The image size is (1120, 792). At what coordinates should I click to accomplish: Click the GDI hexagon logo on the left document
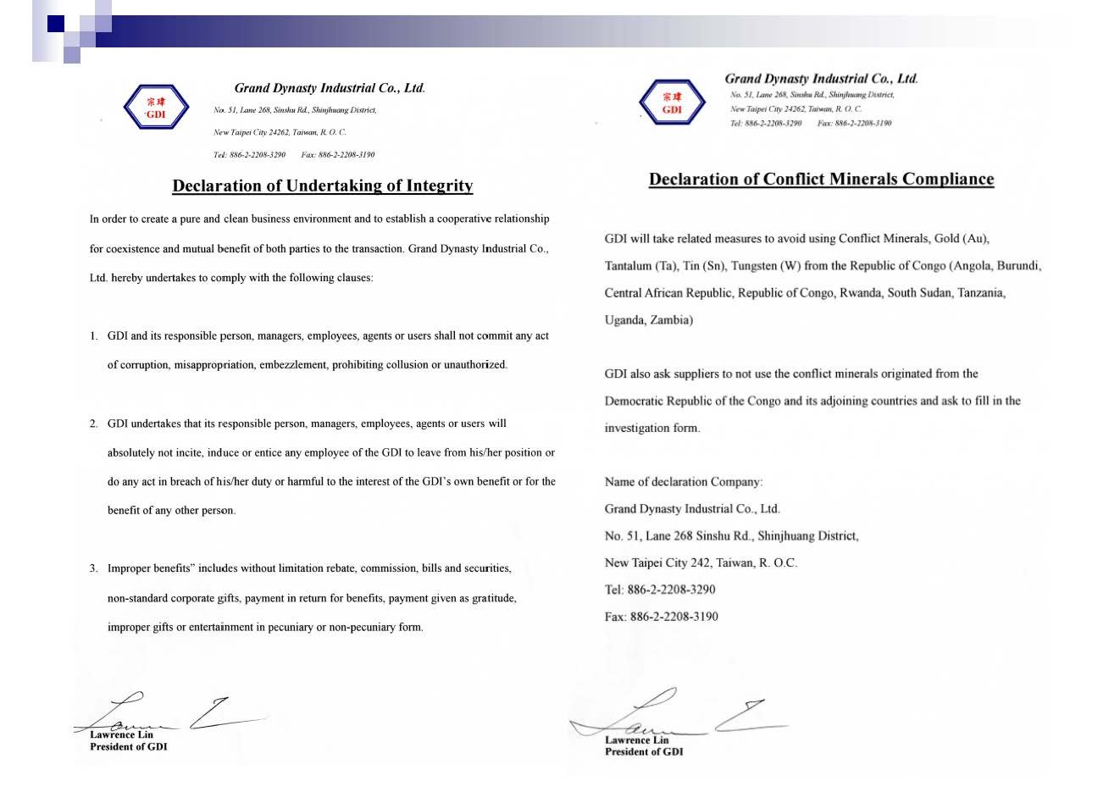tap(156, 108)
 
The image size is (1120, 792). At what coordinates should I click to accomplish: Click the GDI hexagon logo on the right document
tap(672, 102)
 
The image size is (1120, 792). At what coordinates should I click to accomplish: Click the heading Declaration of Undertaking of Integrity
tap(323, 186)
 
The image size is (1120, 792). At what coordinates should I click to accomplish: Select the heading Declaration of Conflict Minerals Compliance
tap(821, 179)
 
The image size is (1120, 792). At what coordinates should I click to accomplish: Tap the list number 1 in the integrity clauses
tap(94, 336)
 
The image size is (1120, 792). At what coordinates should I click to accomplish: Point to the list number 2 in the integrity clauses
tap(94, 424)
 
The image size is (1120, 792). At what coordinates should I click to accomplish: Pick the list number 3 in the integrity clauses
tap(94, 568)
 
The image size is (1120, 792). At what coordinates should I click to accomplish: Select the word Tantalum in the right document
tap(629, 266)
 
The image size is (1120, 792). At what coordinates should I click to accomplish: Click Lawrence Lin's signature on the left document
tap(169, 716)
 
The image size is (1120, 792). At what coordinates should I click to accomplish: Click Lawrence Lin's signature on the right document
tap(678, 716)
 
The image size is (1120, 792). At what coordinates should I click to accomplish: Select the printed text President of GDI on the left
tap(129, 747)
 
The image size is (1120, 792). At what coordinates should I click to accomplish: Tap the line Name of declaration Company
tap(683, 482)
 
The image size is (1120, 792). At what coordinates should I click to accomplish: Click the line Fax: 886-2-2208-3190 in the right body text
tap(661, 617)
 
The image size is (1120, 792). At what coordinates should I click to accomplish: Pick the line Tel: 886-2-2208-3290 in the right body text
tap(659, 590)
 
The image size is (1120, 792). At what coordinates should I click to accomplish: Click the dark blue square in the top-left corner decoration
tap(56, 24)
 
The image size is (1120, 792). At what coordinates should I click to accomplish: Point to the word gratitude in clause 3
tap(493, 598)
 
